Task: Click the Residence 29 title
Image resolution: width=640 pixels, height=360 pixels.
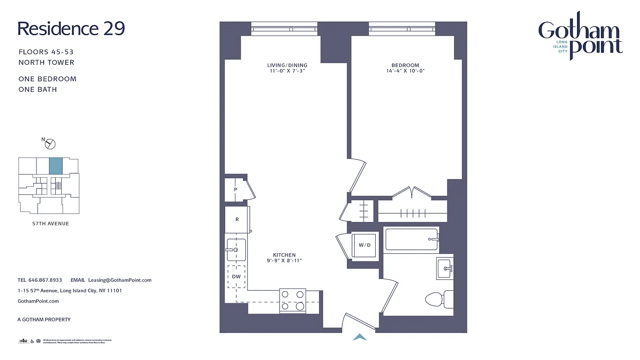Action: pyautogui.click(x=71, y=29)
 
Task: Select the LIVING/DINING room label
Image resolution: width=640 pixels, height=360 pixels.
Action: pyautogui.click(x=287, y=65)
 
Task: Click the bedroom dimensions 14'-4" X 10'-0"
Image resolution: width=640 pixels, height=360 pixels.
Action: pyautogui.click(x=405, y=71)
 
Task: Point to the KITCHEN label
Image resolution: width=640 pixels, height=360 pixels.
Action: pyautogui.click(x=284, y=255)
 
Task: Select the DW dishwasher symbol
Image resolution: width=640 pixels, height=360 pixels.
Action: pyautogui.click(x=236, y=277)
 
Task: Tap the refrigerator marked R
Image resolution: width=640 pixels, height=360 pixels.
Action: pyautogui.click(x=237, y=220)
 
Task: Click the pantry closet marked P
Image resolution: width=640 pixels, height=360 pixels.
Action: pyautogui.click(x=235, y=190)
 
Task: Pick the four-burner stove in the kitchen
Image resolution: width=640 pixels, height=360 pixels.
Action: pyautogui.click(x=293, y=301)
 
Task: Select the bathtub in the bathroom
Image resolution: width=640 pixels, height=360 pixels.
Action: pyautogui.click(x=411, y=239)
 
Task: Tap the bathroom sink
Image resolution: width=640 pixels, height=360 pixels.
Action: pyautogui.click(x=445, y=269)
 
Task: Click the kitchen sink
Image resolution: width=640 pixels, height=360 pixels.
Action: pyautogui.click(x=235, y=250)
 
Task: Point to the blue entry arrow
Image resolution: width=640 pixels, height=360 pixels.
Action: pyautogui.click(x=360, y=337)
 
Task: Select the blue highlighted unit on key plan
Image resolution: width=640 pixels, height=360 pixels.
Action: pyautogui.click(x=55, y=166)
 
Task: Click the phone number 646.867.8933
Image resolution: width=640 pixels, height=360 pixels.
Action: pyautogui.click(x=45, y=280)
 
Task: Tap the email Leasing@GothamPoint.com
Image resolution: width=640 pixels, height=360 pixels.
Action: pyautogui.click(x=120, y=280)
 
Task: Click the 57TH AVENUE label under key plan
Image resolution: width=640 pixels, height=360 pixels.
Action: pyautogui.click(x=48, y=224)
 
